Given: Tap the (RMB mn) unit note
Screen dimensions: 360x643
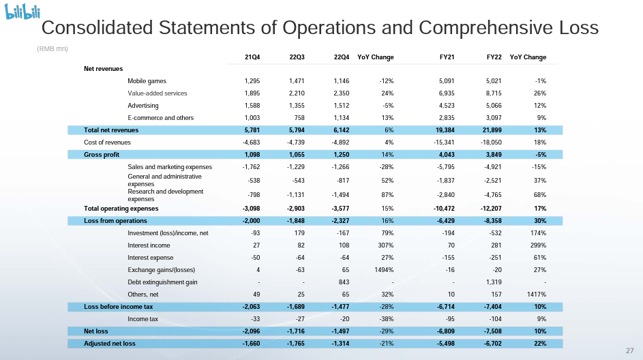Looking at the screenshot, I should click(x=52, y=48).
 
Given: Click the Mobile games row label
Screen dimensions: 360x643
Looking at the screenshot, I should click(x=147, y=81).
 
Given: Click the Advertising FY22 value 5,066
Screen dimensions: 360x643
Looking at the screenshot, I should click(x=490, y=106).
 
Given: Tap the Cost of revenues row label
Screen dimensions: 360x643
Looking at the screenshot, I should click(x=107, y=142).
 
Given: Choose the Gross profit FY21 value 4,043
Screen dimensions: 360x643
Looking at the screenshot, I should click(x=445, y=154).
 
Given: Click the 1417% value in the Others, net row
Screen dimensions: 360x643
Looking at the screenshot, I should click(x=537, y=294).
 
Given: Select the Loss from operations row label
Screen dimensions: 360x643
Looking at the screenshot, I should click(x=115, y=221).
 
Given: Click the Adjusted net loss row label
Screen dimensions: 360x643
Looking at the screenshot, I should click(x=110, y=343).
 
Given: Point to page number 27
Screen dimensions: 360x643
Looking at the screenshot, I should click(x=629, y=350).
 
